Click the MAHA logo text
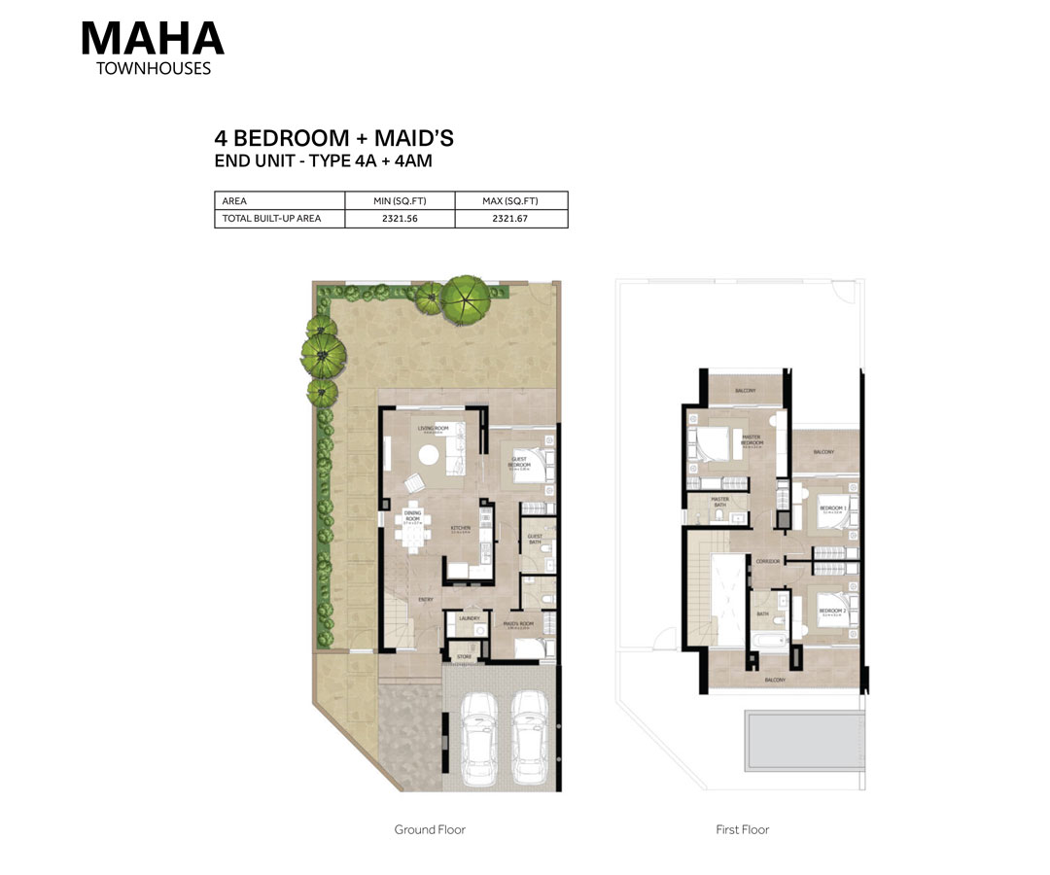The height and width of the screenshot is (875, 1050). point(152,37)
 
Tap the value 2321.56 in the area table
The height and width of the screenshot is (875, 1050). point(401,219)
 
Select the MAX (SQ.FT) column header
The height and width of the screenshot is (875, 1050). point(510,201)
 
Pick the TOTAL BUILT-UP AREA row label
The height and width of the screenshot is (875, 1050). point(271,219)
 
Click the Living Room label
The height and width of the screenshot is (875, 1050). point(432,428)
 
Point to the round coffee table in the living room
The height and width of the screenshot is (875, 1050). point(429,453)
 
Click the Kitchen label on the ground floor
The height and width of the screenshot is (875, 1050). point(460,529)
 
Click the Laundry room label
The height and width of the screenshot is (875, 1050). point(469,617)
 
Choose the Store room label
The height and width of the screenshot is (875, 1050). point(464,657)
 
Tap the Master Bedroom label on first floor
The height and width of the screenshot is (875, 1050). point(750,438)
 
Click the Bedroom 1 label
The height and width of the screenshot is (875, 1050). point(832,507)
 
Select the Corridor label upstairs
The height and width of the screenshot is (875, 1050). point(768,561)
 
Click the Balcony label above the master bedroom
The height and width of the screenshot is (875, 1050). point(745,390)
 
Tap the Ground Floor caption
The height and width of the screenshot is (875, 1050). point(429,829)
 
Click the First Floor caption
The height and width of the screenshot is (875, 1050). point(742,829)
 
